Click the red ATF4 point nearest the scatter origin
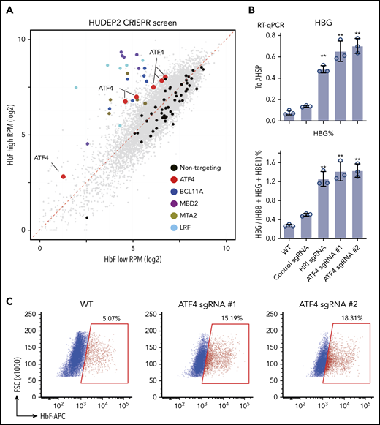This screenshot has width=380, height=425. tap(64, 176)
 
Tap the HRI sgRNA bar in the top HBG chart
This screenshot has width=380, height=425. tap(324, 94)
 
